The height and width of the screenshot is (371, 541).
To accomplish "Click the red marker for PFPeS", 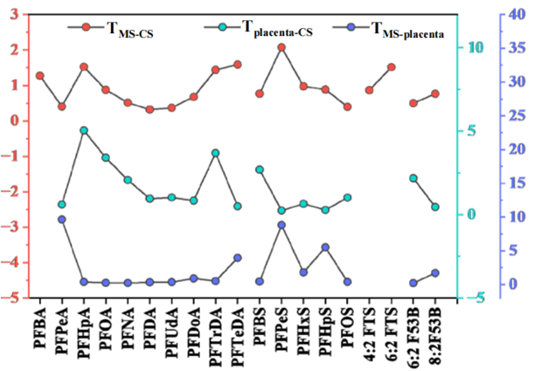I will (281, 46).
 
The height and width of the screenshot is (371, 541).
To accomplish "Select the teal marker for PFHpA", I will (84, 130).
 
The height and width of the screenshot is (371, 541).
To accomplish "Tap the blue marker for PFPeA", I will (62, 220).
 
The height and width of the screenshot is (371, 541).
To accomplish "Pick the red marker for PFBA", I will (40, 76).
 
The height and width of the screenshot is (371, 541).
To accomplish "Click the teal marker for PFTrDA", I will (216, 153).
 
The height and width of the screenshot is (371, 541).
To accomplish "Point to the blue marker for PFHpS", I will (325, 247).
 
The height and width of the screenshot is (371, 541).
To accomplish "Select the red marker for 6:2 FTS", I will (391, 67).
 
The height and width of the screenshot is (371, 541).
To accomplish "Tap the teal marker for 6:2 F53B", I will (413, 178).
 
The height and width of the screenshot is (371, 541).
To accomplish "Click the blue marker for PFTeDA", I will (238, 257).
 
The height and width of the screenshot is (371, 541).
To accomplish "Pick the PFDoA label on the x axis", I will (194, 333).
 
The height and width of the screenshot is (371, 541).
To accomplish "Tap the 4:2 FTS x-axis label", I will (370, 333).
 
